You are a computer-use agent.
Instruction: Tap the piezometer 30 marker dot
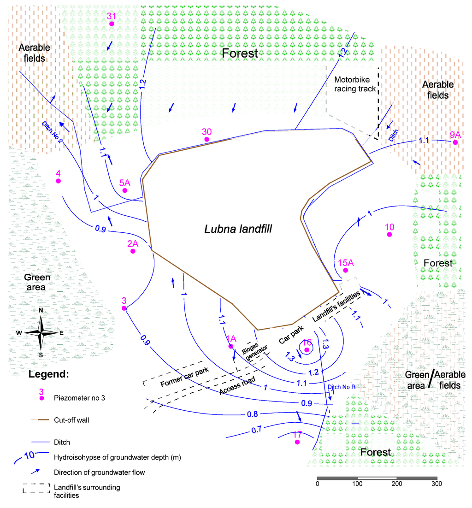[x=207, y=139]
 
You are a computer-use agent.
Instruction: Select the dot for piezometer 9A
[x=455, y=142]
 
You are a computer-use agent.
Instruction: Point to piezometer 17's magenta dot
[x=297, y=442]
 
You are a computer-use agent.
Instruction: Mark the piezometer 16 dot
[x=307, y=350]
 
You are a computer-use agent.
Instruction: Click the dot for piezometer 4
[x=59, y=181]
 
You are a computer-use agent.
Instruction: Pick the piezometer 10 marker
[x=389, y=235]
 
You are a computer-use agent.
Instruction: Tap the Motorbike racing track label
[x=354, y=84]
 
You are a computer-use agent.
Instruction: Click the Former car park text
[x=184, y=377]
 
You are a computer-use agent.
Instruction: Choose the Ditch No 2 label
[x=52, y=132]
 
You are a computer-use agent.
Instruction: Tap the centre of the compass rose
[x=41, y=332]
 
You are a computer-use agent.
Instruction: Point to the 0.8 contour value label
[x=252, y=414]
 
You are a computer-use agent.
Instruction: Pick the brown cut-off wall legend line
[x=41, y=420]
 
